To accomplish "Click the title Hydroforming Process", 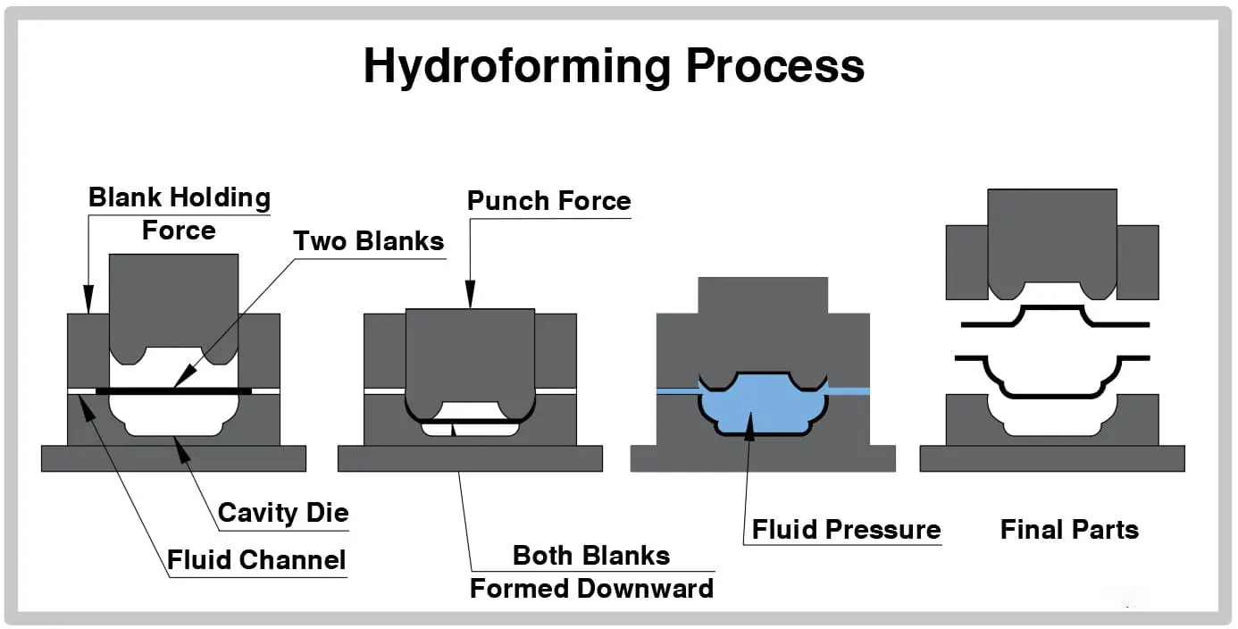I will (614, 66).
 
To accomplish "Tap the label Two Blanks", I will (368, 240).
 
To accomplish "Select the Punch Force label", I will (548, 201).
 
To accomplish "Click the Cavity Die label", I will (283, 513).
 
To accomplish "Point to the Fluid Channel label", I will (256, 560).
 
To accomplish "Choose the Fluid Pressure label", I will (846, 529).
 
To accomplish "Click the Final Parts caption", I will (1069, 530).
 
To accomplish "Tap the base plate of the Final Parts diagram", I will (1051, 458).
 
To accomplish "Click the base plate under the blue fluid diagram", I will (762, 458).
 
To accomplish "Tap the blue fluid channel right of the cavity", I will (849, 391).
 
